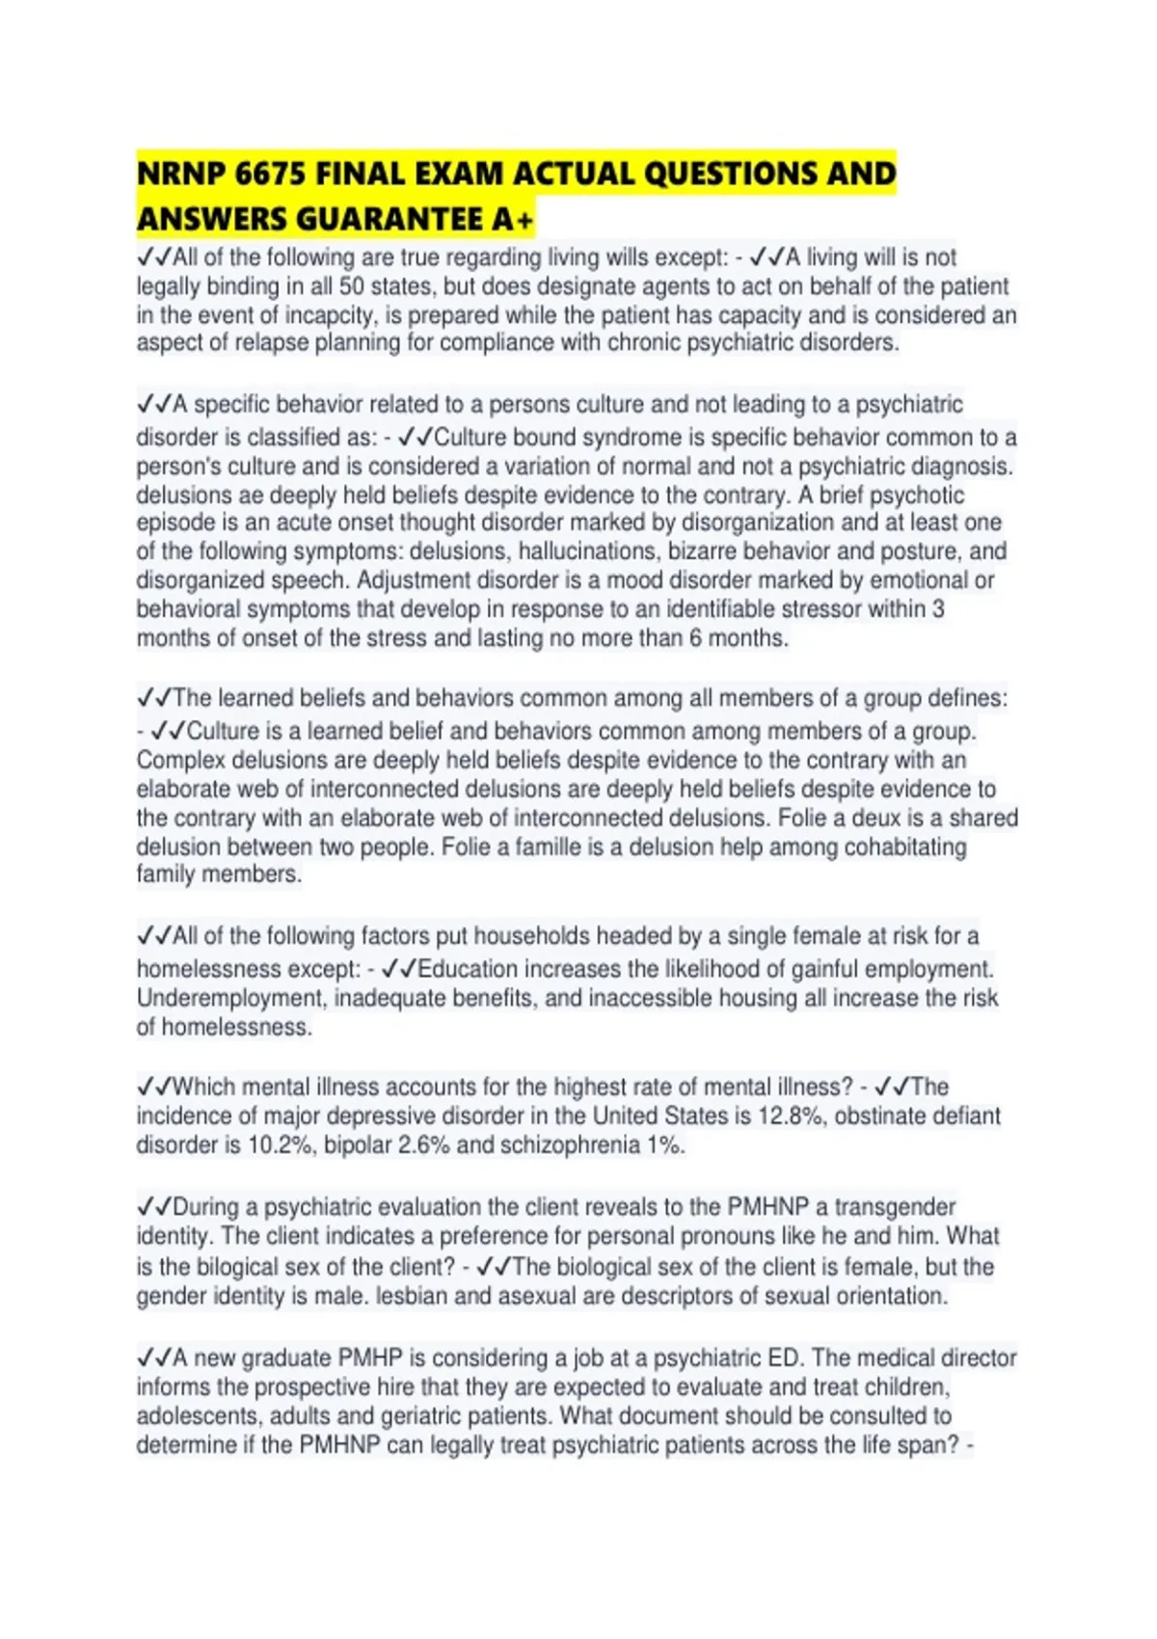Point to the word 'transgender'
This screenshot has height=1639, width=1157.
pos(895,1206)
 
